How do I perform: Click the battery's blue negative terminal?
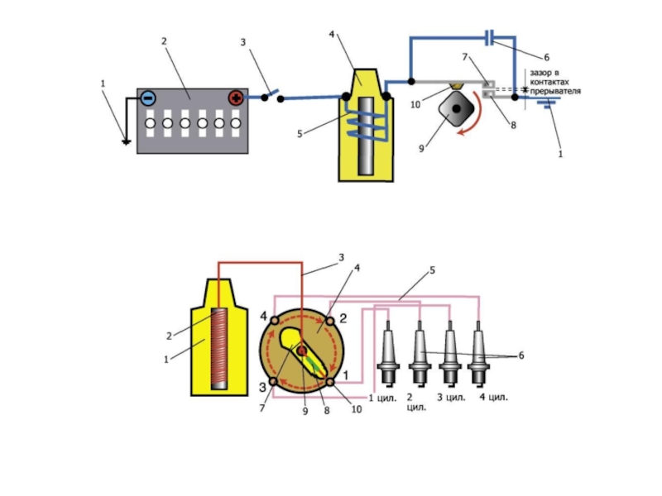(147, 98)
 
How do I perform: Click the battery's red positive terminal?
(236, 98)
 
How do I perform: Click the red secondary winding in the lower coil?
(219, 347)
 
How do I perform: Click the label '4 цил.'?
(494, 397)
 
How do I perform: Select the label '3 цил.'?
(453, 397)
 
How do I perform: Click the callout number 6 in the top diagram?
(546, 57)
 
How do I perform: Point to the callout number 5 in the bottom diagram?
(431, 270)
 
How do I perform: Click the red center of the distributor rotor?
(302, 351)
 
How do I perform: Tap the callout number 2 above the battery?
(165, 41)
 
